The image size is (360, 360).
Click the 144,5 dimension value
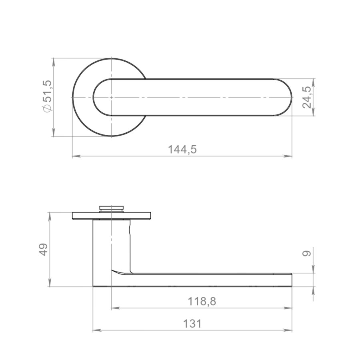pyautogui.click(x=182, y=150)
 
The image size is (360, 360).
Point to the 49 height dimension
pyautogui.click(x=43, y=250)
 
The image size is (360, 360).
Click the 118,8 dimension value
pyautogui.click(x=202, y=301)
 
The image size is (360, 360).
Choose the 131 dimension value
pyautogui.click(x=192, y=324)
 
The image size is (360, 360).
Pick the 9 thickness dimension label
pyautogui.click(x=307, y=254)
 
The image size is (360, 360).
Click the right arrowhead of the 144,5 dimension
pyautogui.click(x=288, y=156)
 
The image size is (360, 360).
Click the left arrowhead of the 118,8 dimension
pyautogui.click(x=116, y=308)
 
